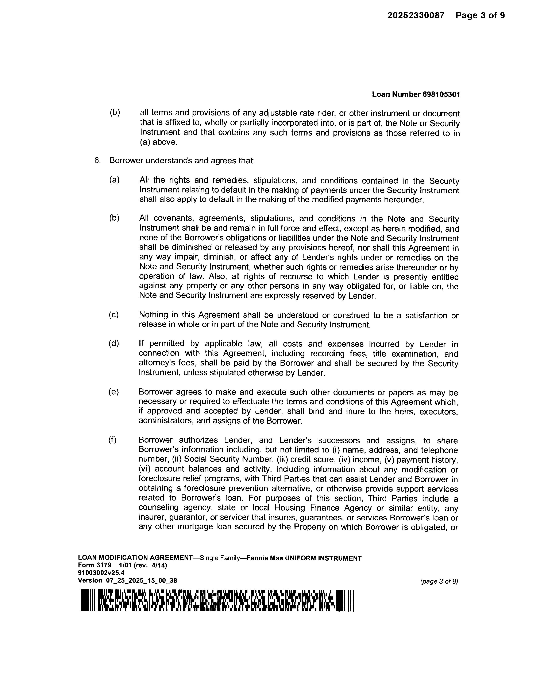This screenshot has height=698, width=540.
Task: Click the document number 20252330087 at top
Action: pyautogui.click(x=416, y=15)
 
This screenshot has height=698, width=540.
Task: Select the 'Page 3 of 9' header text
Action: pyautogui.click(x=480, y=15)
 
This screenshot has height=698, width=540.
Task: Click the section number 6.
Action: pyautogui.click(x=97, y=160)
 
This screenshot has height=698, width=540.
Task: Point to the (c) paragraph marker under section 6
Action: pyautogui.click(x=113, y=315)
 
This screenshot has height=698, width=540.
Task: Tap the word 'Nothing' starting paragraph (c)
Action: pyautogui.click(x=153, y=315)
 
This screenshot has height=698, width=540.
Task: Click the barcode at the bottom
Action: pyautogui.click(x=217, y=600)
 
